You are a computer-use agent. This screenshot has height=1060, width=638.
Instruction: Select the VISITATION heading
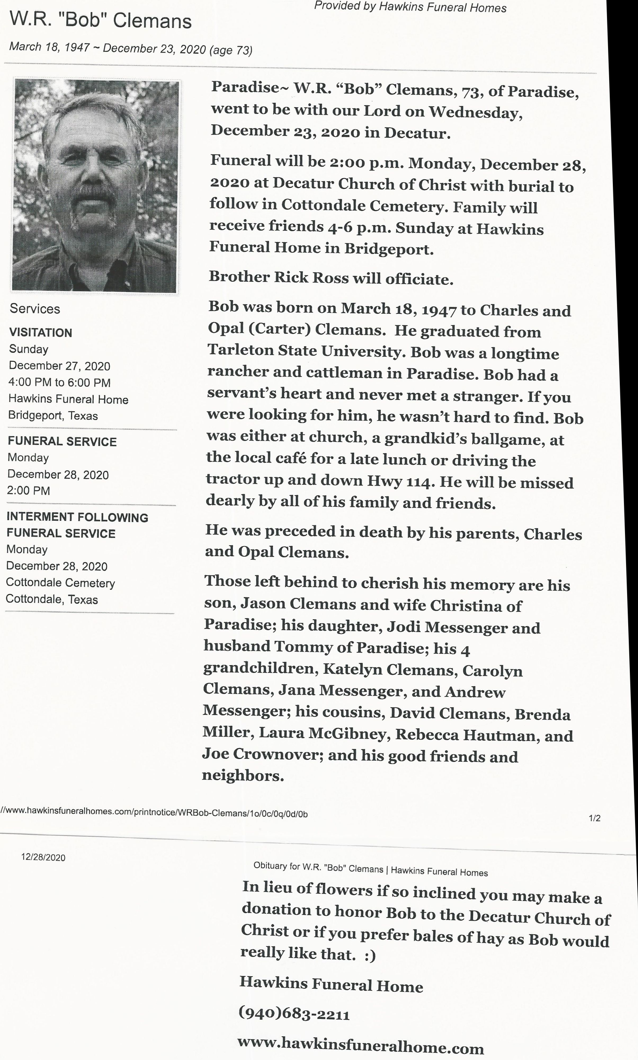click(41, 333)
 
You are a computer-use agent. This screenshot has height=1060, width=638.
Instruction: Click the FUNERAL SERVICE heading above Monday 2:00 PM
click(62, 441)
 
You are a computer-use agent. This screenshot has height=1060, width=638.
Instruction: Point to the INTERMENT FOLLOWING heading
click(77, 517)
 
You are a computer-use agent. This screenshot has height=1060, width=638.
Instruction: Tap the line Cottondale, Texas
click(52, 599)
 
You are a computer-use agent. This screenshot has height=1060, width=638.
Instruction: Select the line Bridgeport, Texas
click(53, 416)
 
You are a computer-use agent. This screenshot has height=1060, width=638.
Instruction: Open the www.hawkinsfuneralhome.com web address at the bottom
click(360, 1045)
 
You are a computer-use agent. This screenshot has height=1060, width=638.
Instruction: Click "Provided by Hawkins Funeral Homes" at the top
click(410, 7)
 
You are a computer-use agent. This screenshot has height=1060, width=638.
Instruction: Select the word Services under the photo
click(35, 308)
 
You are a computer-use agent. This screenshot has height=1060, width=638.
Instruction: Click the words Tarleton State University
click(307, 351)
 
